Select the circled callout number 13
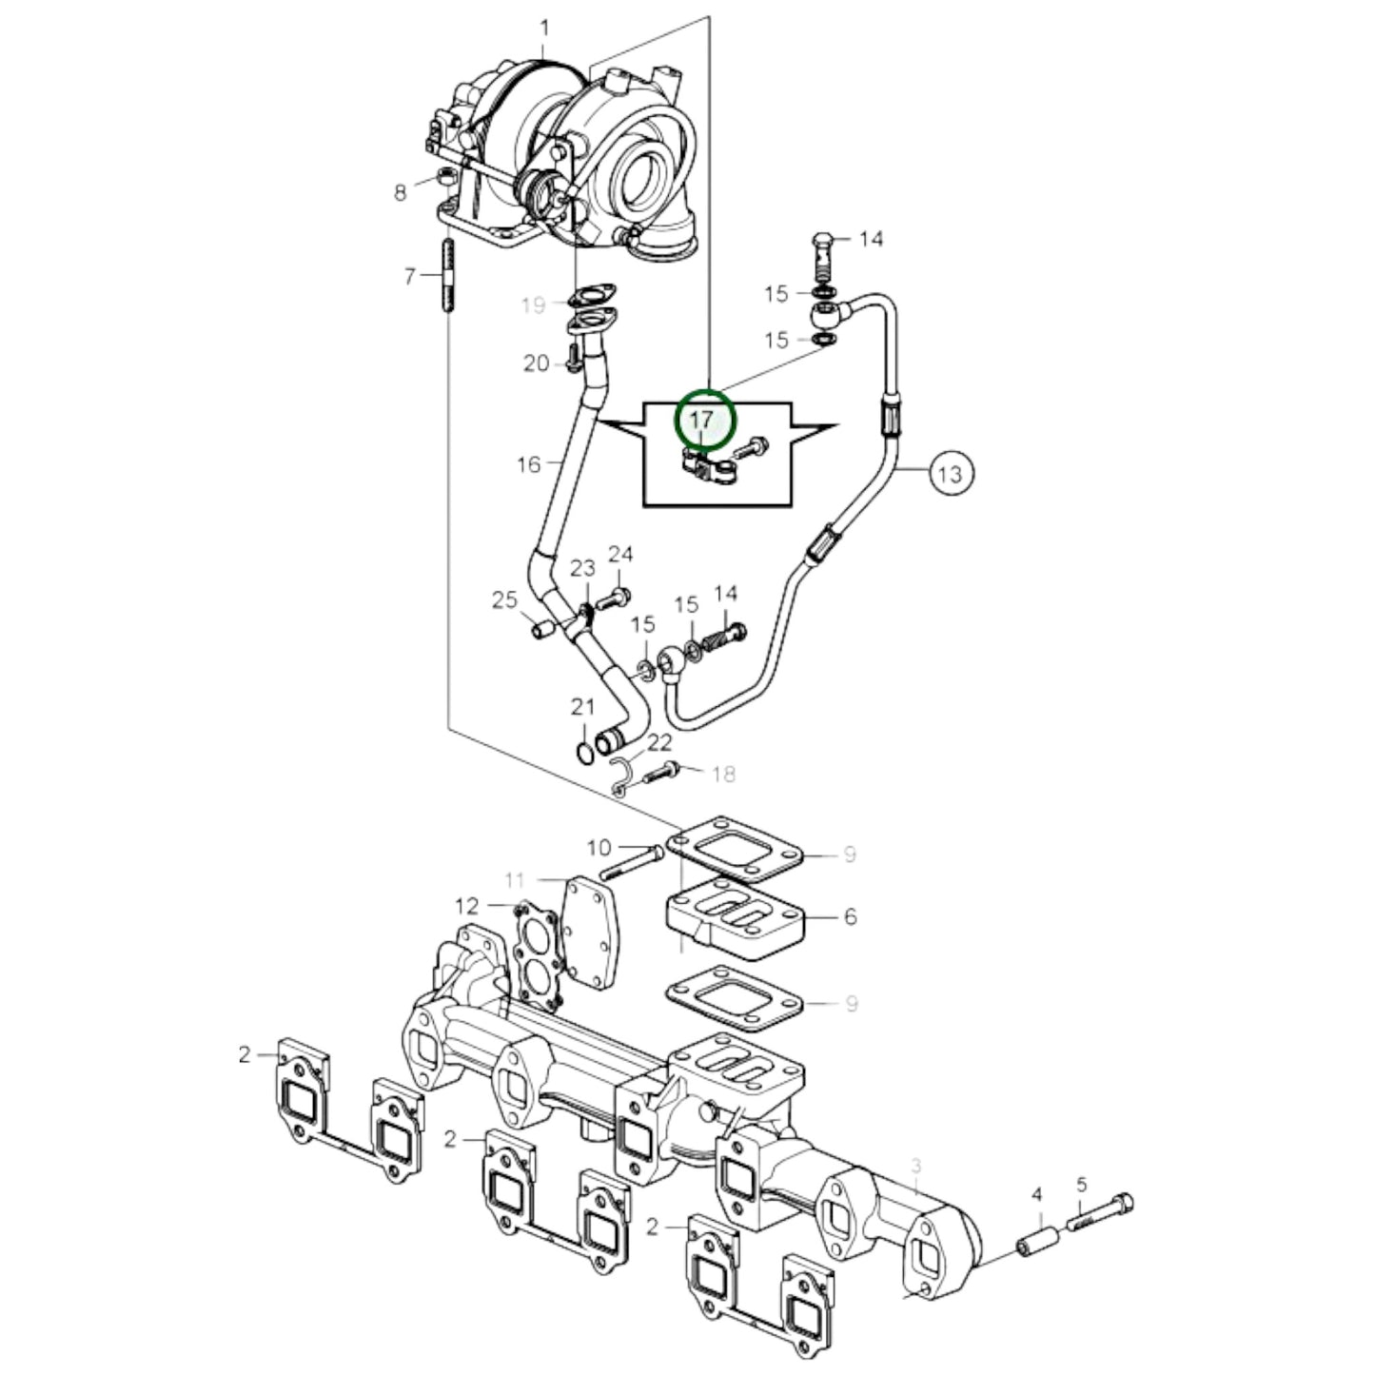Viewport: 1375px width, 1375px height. pyautogui.click(x=950, y=472)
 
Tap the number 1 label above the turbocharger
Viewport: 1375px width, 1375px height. pyautogui.click(x=544, y=29)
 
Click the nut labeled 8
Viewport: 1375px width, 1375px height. pyautogui.click(x=444, y=177)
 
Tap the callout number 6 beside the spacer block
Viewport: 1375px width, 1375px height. pyautogui.click(x=850, y=916)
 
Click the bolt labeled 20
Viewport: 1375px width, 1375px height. pyautogui.click(x=572, y=359)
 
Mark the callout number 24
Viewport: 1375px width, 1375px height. pyautogui.click(x=620, y=554)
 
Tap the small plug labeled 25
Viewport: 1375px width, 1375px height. pyautogui.click(x=543, y=629)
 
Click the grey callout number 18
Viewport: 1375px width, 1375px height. pyautogui.click(x=724, y=774)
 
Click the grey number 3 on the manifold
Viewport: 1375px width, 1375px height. pyautogui.click(x=916, y=1166)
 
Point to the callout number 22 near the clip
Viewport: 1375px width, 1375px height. pyautogui.click(x=659, y=742)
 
